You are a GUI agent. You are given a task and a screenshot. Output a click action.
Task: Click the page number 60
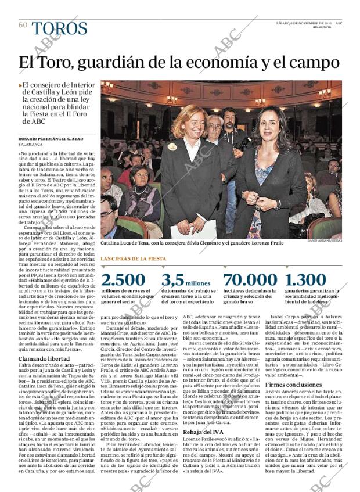coord(23,25)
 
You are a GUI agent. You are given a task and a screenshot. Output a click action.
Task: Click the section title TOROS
coord(60,28)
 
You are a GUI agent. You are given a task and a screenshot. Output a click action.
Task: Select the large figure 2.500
coord(123,279)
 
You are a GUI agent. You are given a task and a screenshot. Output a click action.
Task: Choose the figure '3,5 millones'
coord(186,280)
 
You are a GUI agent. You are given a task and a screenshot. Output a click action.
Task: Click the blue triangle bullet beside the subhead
coord(21,85)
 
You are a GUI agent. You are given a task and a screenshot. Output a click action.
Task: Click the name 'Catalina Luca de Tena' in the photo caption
coord(124,242)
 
